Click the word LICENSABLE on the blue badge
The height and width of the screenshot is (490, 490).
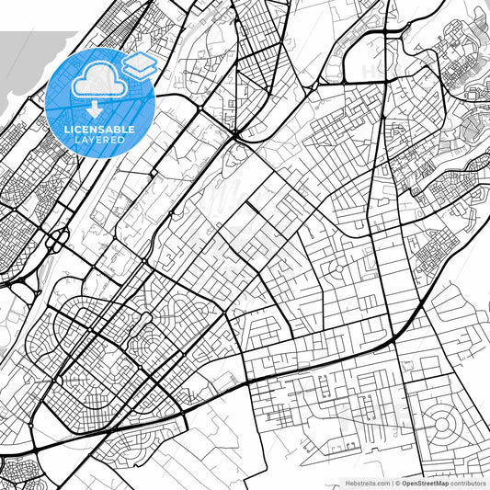pyautogui.click(x=99, y=131)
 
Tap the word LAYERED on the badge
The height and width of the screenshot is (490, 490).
pyautogui.click(x=99, y=141)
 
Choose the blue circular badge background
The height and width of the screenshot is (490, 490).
pyautogui.click(x=64, y=101)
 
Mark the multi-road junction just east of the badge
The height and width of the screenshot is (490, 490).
pyautogui.click(x=198, y=110)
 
